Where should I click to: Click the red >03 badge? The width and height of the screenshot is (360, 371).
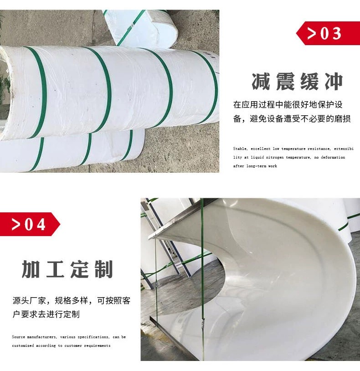click(x=328, y=33)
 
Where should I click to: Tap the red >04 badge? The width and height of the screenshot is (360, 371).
click(x=30, y=224)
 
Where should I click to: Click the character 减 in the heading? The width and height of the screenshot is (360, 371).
click(x=261, y=82)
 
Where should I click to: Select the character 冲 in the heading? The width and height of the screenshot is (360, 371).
click(x=334, y=82)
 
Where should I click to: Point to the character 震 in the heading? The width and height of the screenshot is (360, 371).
click(x=285, y=82)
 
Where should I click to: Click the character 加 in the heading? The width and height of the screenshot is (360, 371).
click(x=31, y=269)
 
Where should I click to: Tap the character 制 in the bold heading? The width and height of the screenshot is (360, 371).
click(x=103, y=269)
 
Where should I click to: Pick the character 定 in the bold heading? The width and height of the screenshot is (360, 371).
click(x=79, y=269)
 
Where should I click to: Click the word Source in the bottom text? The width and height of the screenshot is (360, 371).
click(x=18, y=337)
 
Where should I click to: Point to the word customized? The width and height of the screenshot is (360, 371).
click(x=23, y=345)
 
